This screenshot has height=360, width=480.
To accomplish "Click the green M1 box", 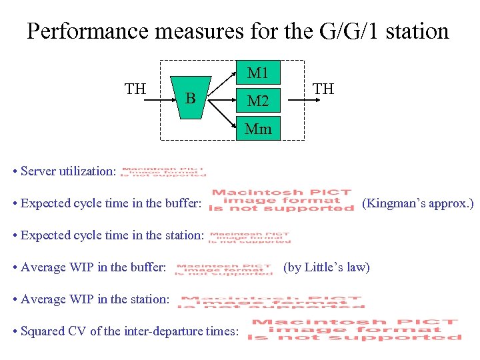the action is click(x=258, y=73).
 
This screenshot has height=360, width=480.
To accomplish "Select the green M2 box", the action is click(x=258, y=101).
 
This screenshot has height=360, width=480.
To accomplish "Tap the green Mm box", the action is click(x=258, y=129).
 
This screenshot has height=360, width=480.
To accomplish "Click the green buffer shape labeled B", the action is click(x=191, y=99).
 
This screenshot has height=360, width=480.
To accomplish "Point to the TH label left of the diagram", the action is click(x=135, y=89).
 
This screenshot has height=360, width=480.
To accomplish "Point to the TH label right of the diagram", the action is click(x=323, y=89).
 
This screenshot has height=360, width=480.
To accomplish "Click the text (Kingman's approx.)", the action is click(x=417, y=203).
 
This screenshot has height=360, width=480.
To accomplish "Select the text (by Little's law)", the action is click(x=326, y=267).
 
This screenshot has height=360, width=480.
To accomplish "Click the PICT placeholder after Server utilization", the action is click(x=163, y=171).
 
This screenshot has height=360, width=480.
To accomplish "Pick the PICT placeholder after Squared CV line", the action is click(x=354, y=330).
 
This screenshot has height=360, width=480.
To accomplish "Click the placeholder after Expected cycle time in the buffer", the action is click(x=281, y=201).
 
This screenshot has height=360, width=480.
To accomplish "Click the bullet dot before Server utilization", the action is click(x=15, y=171).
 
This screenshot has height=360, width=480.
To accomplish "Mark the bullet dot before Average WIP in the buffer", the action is click(x=15, y=267).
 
